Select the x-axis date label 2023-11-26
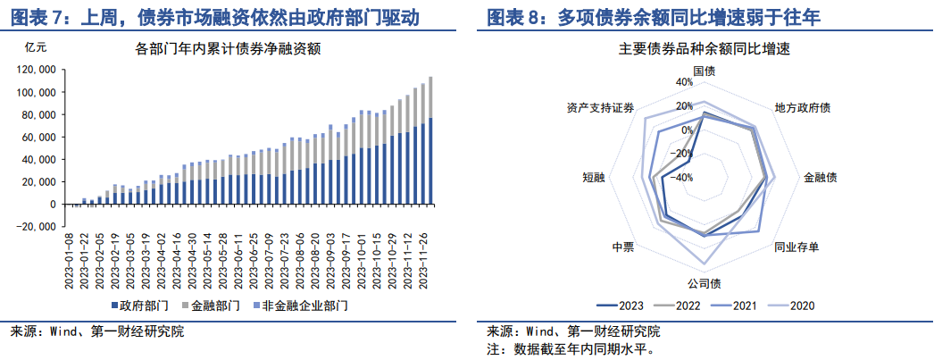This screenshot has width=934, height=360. [x=431, y=260]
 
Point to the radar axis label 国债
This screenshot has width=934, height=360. [x=704, y=71]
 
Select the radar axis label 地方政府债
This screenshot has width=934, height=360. [x=802, y=108]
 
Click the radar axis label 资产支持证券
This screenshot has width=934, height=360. [x=600, y=108]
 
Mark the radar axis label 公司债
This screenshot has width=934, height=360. [x=704, y=284]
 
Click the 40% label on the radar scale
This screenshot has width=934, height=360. [x=683, y=82]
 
